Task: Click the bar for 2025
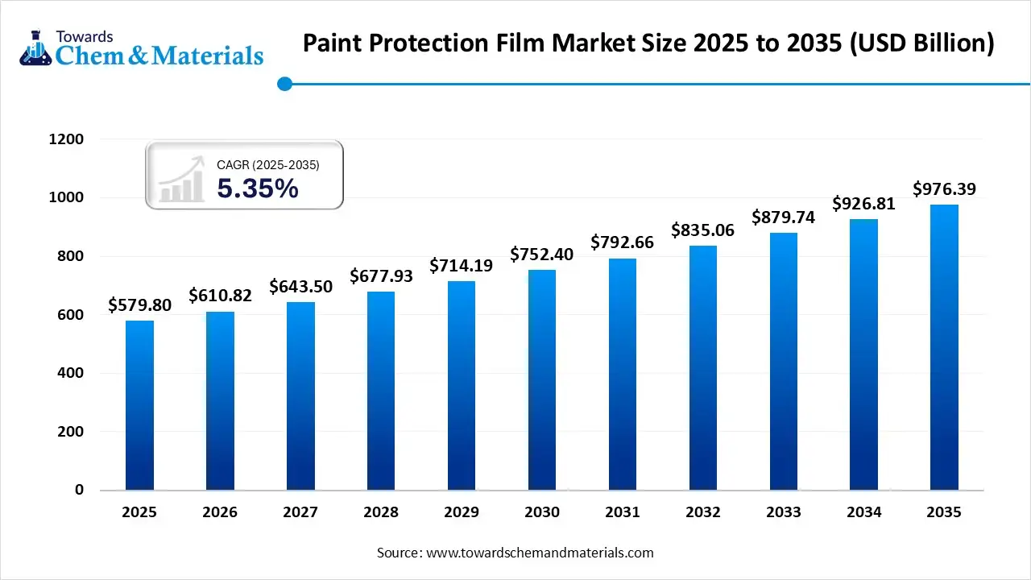[x=139, y=405]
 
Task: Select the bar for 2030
[x=542, y=379]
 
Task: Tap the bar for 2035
[x=944, y=347]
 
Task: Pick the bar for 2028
[x=381, y=391]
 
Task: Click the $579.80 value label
[x=139, y=306]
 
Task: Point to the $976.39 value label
[x=944, y=189]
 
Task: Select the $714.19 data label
[x=462, y=265]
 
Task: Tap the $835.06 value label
[x=703, y=230]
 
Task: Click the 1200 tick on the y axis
[x=66, y=139]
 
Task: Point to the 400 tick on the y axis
[x=70, y=373]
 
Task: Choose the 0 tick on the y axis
[x=80, y=490]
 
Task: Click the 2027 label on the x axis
[x=300, y=512]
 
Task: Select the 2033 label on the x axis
[x=784, y=512]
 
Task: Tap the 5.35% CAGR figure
[x=258, y=188]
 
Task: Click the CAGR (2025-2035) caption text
[x=268, y=165]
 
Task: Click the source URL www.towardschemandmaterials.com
[x=540, y=553]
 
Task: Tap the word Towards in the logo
[x=85, y=36]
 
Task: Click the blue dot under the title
[x=284, y=84]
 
